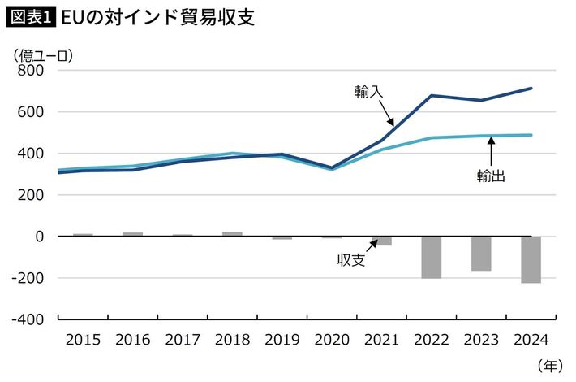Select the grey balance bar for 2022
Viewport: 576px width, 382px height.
point(432,257)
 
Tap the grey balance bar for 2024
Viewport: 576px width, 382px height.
point(531,259)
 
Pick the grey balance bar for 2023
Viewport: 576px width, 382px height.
point(481,254)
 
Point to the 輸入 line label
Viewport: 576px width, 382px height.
point(368,91)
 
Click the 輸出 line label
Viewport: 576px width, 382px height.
point(492,175)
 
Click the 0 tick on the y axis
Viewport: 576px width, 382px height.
point(37,237)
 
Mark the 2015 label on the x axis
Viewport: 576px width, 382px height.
point(82,340)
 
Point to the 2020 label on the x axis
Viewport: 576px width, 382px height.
point(332,340)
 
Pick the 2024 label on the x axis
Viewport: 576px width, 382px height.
point(531,340)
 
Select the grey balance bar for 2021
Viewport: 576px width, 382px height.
point(381,241)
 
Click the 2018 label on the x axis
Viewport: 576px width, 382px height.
point(232,340)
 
